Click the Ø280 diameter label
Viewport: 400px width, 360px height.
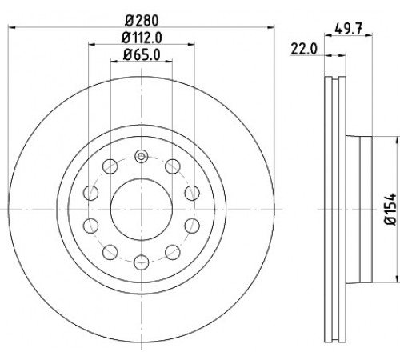(x=142, y=21)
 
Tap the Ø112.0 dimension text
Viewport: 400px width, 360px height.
(x=142, y=38)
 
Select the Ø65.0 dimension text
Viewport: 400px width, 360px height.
(x=142, y=55)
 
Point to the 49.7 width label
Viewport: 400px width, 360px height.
(x=348, y=29)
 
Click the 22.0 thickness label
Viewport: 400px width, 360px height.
(x=304, y=49)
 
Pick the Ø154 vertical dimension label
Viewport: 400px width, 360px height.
(x=390, y=210)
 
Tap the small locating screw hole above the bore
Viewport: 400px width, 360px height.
(x=142, y=156)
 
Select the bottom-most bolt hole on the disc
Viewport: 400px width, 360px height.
(x=142, y=262)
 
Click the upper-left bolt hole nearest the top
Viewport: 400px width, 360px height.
(x=110, y=166)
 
